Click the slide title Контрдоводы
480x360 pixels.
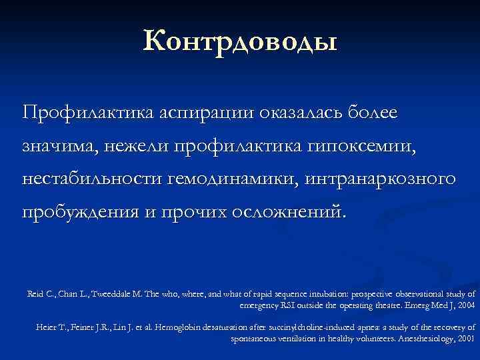tap(239, 41)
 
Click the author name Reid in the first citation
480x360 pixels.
tap(37, 294)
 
